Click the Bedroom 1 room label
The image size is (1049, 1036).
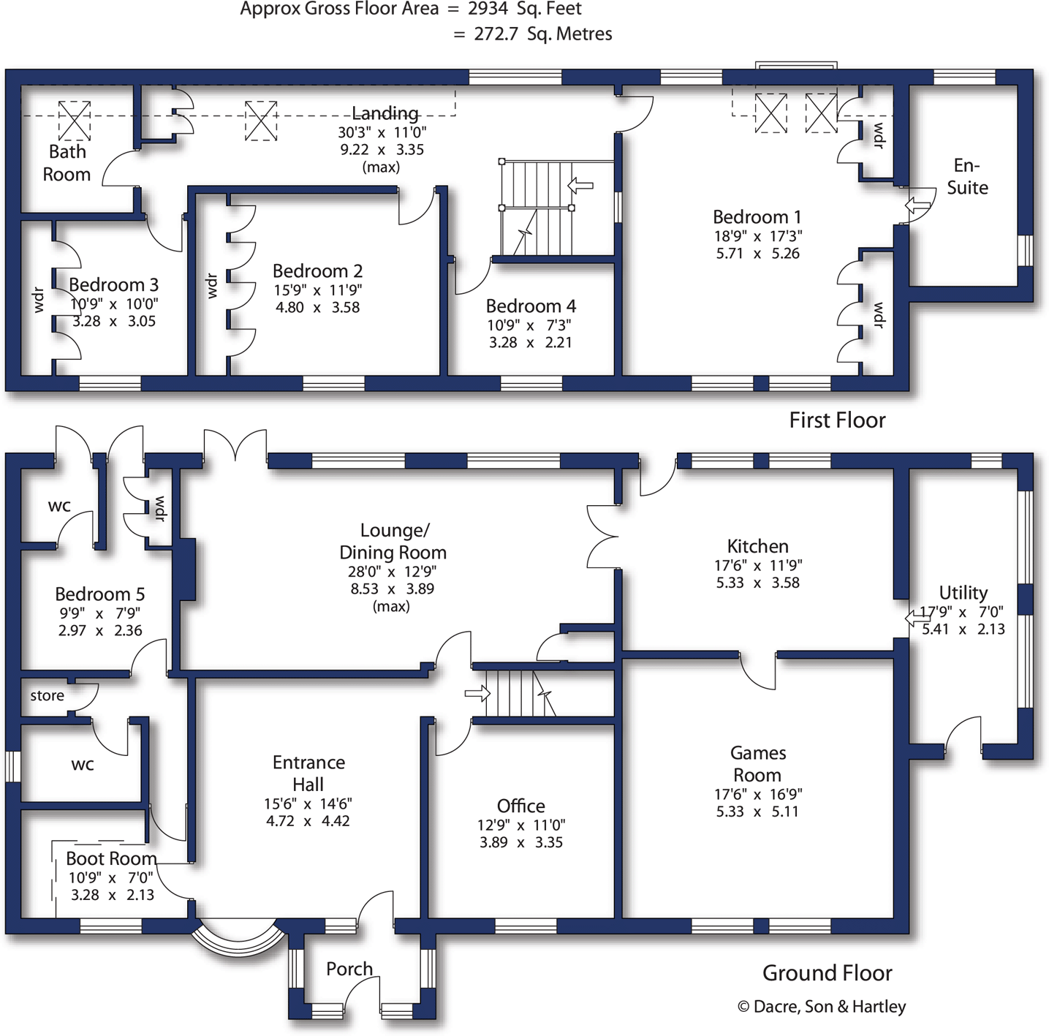point(757,217)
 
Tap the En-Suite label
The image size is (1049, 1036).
point(967,176)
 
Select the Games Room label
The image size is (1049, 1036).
point(757,764)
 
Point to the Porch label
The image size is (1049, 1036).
point(349,969)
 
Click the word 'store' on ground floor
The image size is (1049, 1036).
point(47,696)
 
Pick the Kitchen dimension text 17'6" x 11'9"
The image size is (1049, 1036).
point(757,565)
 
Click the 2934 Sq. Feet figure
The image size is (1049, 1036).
point(525,10)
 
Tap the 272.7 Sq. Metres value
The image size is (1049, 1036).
point(542,34)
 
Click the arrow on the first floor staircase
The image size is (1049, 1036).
point(580,185)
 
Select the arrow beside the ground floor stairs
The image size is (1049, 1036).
point(477,692)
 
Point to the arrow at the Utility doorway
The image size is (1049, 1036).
point(917,618)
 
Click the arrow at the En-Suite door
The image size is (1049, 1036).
point(917,206)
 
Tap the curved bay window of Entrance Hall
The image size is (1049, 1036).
point(238,942)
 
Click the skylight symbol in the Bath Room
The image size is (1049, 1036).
point(74,121)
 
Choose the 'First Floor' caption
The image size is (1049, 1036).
point(837,420)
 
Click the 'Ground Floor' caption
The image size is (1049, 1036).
point(827,973)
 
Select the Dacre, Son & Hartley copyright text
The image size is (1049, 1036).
point(822,1007)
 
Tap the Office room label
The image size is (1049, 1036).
point(520,806)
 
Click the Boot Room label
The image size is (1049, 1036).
point(111,858)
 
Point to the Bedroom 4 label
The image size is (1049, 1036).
point(531,306)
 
